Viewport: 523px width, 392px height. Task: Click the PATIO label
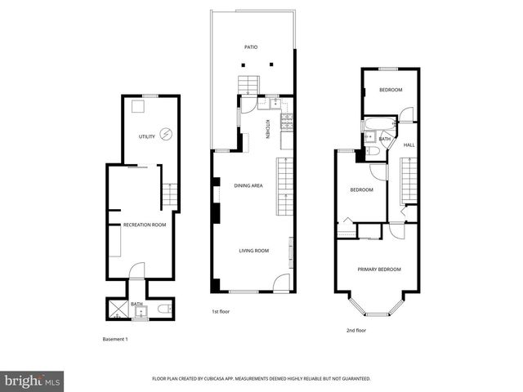(x=252, y=47)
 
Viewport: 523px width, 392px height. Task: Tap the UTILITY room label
(x=146, y=136)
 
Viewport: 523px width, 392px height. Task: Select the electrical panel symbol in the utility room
(x=167, y=134)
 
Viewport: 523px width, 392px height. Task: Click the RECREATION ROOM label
(x=144, y=225)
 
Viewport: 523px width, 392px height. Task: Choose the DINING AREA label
(x=248, y=186)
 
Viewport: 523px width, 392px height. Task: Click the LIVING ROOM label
(x=253, y=251)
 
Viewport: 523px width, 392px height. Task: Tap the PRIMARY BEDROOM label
(x=378, y=269)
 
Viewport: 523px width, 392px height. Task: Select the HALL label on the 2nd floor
(x=409, y=145)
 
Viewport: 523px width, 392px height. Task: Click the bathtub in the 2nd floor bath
(x=378, y=125)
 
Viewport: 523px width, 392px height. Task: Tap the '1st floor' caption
(x=220, y=311)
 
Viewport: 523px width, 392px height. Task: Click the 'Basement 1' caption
(x=115, y=339)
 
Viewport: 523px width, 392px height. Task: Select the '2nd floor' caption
(x=356, y=330)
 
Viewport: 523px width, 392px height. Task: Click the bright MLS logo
(x=34, y=380)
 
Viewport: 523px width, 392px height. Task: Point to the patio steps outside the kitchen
(x=247, y=84)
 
